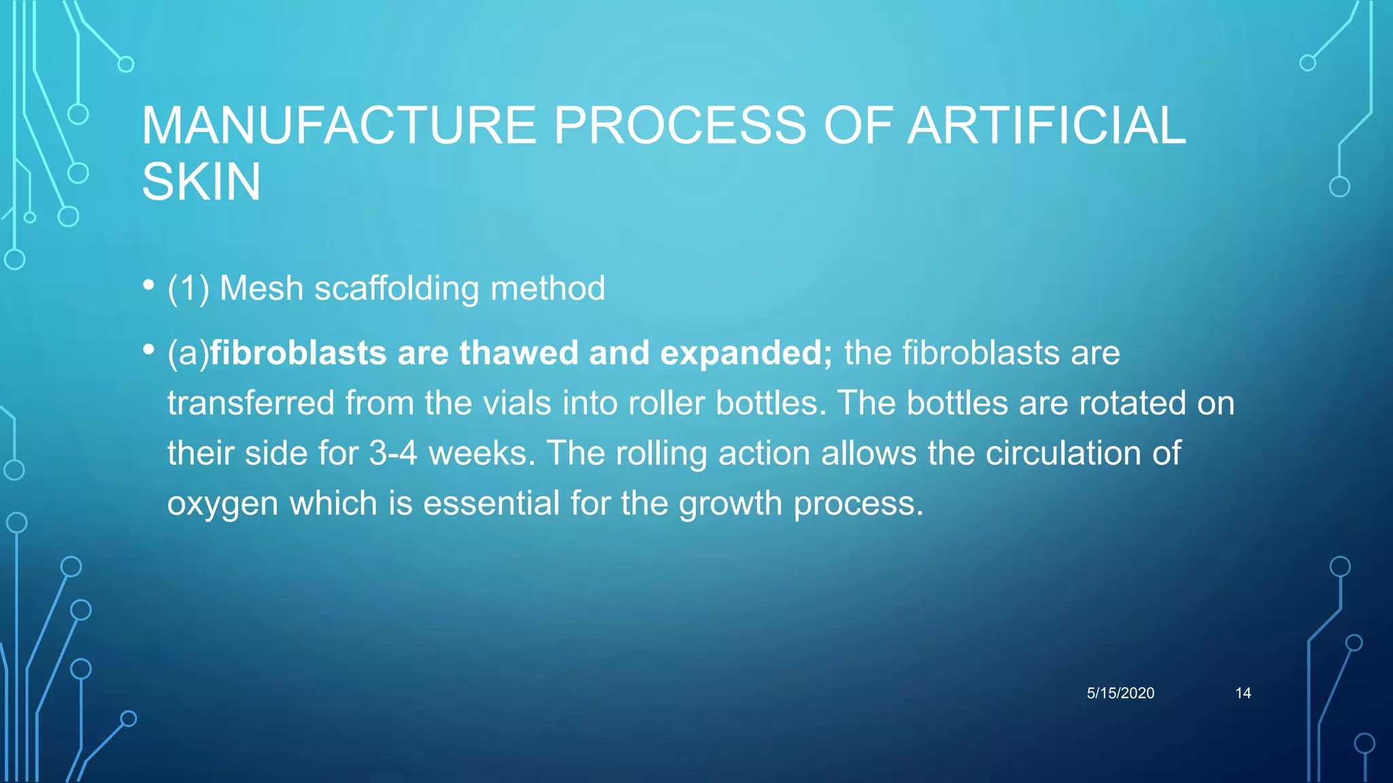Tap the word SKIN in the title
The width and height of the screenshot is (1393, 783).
click(201, 182)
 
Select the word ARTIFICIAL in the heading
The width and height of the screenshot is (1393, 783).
click(1047, 126)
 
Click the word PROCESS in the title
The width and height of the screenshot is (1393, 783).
click(679, 126)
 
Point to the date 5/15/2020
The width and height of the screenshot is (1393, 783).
click(1120, 693)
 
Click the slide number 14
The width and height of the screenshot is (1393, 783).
click(1243, 693)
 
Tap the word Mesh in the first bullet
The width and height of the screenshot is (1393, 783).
click(261, 288)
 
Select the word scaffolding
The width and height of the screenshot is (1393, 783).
click(397, 288)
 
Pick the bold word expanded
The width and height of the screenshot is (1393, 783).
click(745, 353)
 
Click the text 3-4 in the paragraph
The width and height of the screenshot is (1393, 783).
click(392, 453)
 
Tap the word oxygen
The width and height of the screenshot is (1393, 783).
click(222, 504)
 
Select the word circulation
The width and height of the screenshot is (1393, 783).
click(1063, 453)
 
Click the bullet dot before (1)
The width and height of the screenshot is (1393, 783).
click(149, 285)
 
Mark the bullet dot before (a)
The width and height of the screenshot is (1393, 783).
click(149, 350)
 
